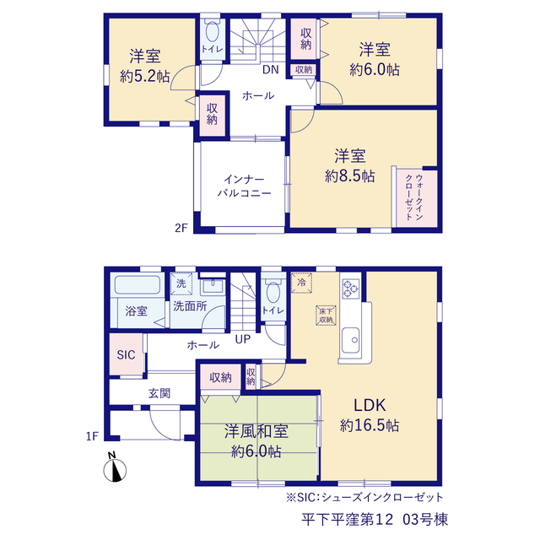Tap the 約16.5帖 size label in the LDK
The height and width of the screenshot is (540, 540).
[370, 425]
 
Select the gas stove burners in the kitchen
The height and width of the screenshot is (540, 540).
[351, 289]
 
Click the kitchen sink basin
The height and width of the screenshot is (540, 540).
[351, 340]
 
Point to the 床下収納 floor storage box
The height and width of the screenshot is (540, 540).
[326, 315]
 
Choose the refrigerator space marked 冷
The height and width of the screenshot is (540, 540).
[301, 283]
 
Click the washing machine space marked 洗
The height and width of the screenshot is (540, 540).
[181, 283]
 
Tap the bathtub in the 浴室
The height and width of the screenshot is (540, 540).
[138, 285]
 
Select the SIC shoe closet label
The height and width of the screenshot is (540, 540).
[126, 354]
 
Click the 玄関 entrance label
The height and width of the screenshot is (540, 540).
[159, 393]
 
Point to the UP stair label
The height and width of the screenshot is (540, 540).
[242, 339]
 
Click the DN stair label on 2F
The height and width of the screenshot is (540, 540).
[270, 69]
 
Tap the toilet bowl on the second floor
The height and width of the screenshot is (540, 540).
[213, 32]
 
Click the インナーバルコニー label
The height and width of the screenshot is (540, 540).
[244, 186]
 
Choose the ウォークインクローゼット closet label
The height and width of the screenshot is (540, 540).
[414, 197]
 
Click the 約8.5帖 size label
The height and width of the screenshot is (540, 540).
[349, 176]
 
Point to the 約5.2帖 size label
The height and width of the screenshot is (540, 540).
[144, 76]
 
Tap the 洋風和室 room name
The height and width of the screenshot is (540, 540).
[256, 431]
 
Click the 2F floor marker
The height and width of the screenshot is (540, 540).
[181, 228]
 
